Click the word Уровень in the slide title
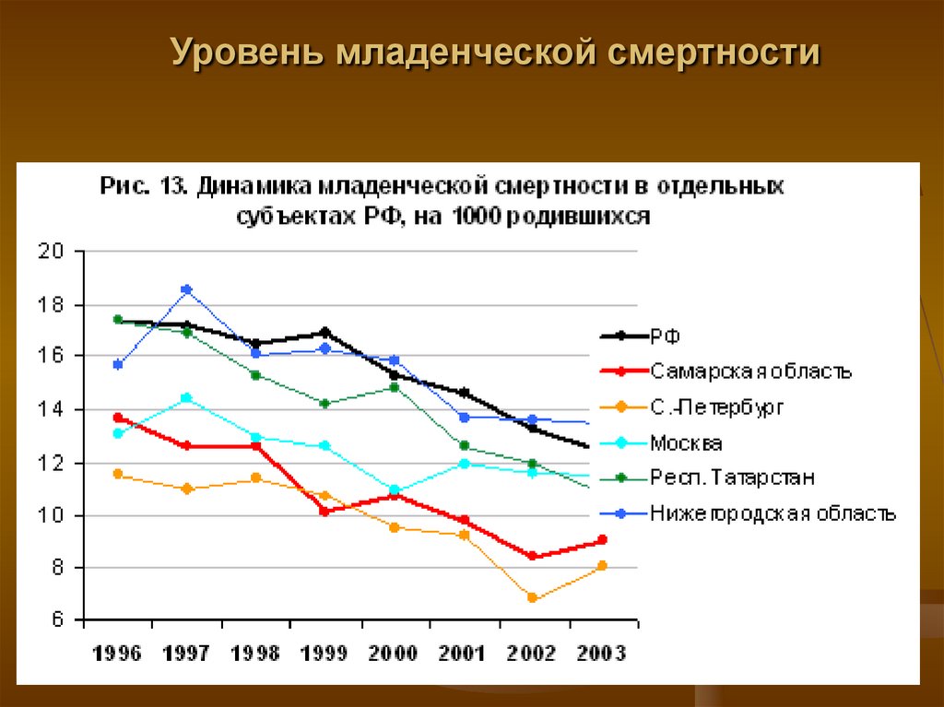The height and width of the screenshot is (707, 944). (x=245, y=53)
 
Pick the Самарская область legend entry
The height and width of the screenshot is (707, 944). (x=750, y=371)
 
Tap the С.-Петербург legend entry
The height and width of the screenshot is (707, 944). (x=718, y=407)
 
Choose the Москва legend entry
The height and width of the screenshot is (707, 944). (x=686, y=443)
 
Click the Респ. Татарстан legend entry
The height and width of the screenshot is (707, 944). (x=732, y=477)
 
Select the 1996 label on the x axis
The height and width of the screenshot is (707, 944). (x=117, y=654)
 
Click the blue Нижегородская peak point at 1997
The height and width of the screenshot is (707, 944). (x=186, y=289)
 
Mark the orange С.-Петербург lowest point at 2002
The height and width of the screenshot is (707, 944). (x=533, y=597)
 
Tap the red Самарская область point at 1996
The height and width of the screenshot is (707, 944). (x=118, y=418)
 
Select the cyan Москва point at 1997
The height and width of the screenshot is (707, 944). (x=186, y=398)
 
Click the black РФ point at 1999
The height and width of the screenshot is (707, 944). (x=324, y=332)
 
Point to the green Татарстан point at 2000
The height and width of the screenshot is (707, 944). (x=395, y=387)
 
